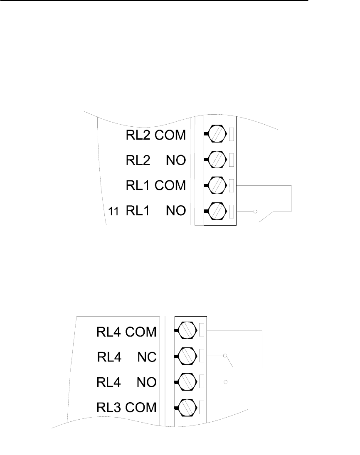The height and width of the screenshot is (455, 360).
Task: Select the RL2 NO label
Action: [156, 160]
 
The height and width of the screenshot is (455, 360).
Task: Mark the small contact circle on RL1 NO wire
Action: [256, 212]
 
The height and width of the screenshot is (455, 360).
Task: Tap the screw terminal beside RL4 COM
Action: [187, 331]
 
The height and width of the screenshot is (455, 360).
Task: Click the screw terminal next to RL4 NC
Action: [187, 356]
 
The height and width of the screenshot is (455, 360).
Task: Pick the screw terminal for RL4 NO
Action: [187, 381]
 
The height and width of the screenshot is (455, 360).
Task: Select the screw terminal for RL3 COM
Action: [187, 406]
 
